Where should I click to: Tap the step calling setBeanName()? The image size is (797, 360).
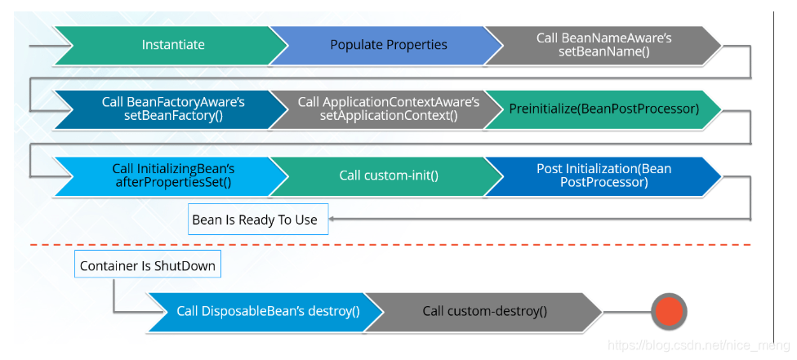pyautogui.click(x=603, y=45)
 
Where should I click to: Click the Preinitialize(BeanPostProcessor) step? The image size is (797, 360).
pyautogui.click(x=603, y=109)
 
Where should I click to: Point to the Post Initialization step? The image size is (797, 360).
pyautogui.click(x=603, y=176)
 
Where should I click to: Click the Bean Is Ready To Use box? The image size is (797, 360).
pyautogui.click(x=258, y=219)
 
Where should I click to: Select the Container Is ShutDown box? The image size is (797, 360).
pyautogui.click(x=148, y=265)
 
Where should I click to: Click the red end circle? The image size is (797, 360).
pyautogui.click(x=669, y=311)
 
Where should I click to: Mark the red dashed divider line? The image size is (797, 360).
pyautogui.click(x=390, y=245)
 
